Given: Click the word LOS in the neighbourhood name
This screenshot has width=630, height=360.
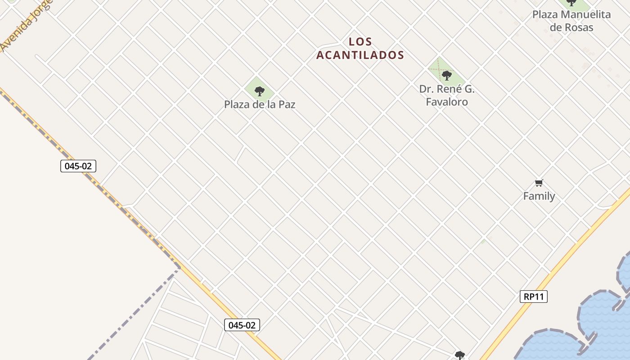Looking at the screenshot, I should point(360,42).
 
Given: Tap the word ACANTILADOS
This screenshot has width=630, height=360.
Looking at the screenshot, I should point(360,55).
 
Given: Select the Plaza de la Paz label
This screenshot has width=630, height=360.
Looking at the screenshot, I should point(260,104).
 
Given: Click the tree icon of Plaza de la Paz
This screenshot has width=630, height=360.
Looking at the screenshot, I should point(260,91).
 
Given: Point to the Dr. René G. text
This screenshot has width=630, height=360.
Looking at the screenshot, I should point(447,89).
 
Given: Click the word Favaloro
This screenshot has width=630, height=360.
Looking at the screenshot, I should point(447,102).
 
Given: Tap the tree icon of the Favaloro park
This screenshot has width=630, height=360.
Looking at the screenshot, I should point(446,75).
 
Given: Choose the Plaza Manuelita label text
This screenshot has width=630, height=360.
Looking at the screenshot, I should point(571,14).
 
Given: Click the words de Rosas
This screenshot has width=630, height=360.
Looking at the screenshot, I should point(571,27).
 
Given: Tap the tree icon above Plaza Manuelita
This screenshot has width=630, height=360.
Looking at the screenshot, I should point(571,3).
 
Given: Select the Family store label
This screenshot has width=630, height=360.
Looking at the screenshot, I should point(539,196).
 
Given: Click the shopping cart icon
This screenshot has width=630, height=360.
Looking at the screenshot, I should point(539,183).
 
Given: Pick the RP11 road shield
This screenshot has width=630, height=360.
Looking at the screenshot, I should point(534,297).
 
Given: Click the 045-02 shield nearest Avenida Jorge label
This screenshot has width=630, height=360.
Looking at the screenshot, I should point(78,166).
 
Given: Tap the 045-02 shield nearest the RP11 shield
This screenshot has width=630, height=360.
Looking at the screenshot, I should point(242,325).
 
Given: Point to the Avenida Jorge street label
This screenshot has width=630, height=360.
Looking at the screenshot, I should point(25,25).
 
